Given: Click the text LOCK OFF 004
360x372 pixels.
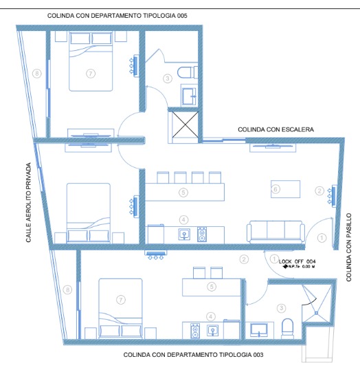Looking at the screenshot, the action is [297, 261].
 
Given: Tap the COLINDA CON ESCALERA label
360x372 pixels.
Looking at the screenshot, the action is [276, 129].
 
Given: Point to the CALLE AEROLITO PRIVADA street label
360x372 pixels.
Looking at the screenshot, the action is [29, 202].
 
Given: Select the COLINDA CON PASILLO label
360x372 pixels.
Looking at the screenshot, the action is [348, 248].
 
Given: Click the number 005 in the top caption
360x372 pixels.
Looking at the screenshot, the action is [182, 16].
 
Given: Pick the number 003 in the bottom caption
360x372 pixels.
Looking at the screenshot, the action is [258, 355].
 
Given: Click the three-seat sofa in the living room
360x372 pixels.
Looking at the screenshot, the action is [276, 232].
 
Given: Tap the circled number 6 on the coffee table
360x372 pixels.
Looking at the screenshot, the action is [275, 189].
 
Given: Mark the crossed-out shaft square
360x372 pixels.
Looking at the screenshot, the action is [185, 124].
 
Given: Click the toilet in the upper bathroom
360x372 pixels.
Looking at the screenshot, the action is [188, 72].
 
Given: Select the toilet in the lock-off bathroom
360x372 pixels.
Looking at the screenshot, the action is [287, 329].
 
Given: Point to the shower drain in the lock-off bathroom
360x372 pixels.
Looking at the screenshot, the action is [317, 313].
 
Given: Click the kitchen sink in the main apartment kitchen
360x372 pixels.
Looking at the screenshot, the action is [184, 234].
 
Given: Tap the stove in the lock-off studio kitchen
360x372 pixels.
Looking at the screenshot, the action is [195, 331].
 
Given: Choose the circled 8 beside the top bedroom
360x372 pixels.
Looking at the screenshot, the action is [36, 73].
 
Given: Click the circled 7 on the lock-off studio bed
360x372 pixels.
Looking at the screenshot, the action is [121, 300].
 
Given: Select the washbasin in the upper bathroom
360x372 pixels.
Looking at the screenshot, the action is [189, 96].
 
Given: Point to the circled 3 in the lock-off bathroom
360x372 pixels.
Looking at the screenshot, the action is [281, 308].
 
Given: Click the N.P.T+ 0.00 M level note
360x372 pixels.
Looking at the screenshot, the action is [299, 267].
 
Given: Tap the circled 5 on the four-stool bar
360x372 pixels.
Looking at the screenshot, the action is [183, 193].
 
